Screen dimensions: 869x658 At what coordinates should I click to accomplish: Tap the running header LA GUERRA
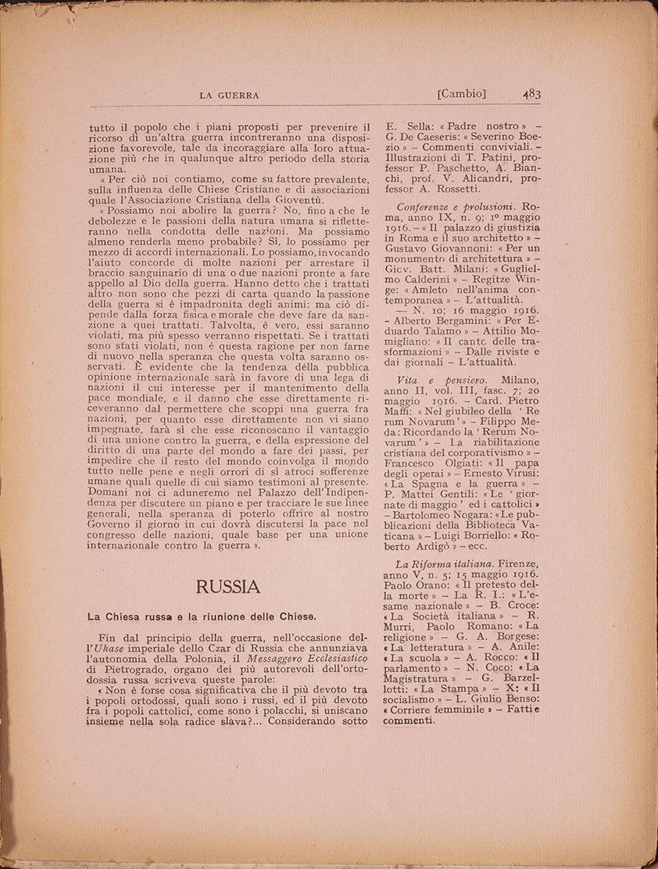pos(227,95)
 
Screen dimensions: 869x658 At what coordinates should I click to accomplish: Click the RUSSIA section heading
pos(228,586)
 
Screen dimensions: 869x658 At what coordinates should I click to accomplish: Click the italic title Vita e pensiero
pos(431,379)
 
